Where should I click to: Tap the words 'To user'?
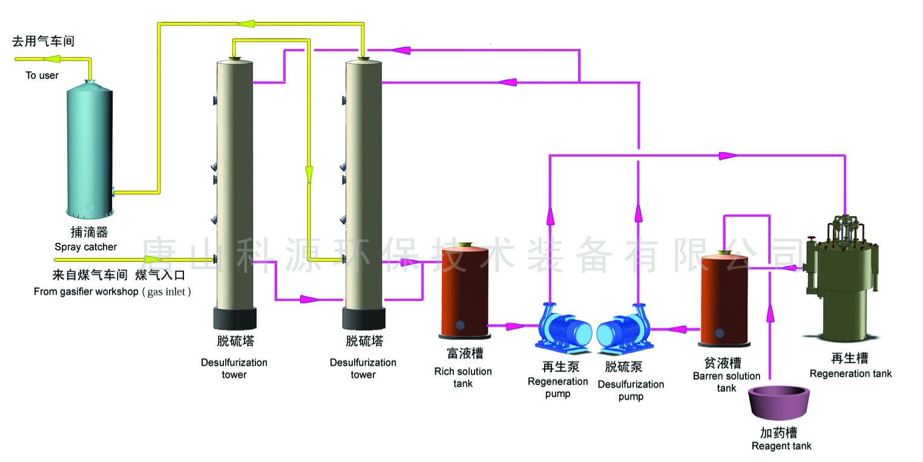pyautogui.click(x=42, y=76)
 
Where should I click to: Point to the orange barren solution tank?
pyautogui.click(x=724, y=299)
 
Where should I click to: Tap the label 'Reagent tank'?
pyautogui.click(x=781, y=446)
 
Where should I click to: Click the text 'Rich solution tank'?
pyautogui.click(x=463, y=377)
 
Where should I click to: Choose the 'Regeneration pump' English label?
pyautogui.click(x=557, y=388)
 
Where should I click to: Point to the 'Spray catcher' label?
pyautogui.click(x=85, y=247)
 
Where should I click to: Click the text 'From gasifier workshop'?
pyautogui.click(x=86, y=292)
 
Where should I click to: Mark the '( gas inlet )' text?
pyautogui.click(x=166, y=292)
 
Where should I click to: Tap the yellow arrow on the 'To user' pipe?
pyautogui.click(x=51, y=59)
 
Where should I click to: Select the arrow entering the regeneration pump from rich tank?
pyautogui.click(x=514, y=326)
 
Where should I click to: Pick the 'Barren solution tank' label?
pyautogui.click(x=726, y=381)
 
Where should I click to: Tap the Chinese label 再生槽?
pyautogui.click(x=850, y=359)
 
